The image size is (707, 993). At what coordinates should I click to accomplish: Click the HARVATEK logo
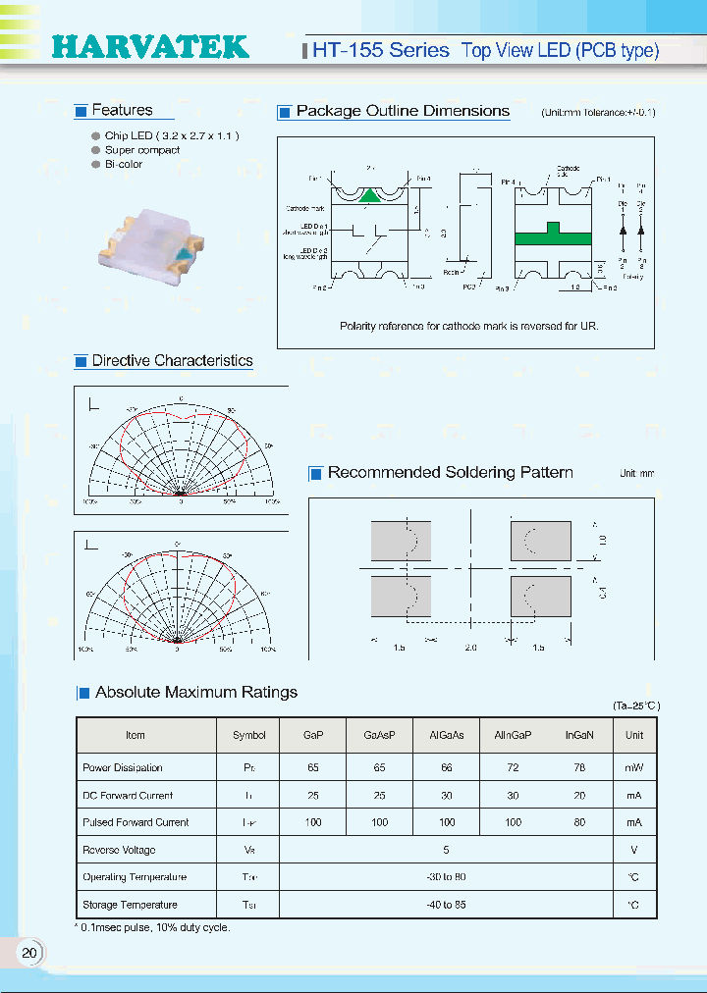pyautogui.click(x=149, y=47)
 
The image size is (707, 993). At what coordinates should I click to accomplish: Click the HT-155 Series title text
pyautogui.click(x=380, y=50)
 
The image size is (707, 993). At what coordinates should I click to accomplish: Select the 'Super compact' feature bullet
pyautogui.click(x=142, y=150)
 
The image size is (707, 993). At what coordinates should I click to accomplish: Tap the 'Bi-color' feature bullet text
pyautogui.click(x=124, y=164)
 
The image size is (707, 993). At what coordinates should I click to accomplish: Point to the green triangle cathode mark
pyautogui.click(x=369, y=195)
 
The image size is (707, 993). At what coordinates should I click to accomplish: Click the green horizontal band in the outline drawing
pyautogui.click(x=553, y=235)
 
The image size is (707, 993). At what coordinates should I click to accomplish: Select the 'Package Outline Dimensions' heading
pyautogui.click(x=403, y=111)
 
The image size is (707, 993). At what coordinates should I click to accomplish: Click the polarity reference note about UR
pyautogui.click(x=468, y=325)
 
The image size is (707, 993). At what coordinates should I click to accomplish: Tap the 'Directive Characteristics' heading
pyautogui.click(x=172, y=360)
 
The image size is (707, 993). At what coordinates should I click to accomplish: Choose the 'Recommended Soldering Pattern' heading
pyautogui.click(x=450, y=472)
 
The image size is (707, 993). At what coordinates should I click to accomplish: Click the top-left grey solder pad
pyautogui.click(x=400, y=540)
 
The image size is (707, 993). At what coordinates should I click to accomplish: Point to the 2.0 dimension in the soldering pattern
pyautogui.click(x=470, y=648)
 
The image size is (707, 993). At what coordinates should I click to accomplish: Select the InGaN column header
pyautogui.click(x=579, y=735)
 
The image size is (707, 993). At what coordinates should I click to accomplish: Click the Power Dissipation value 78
pyautogui.click(x=579, y=767)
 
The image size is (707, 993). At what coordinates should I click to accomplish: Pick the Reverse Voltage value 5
pyautogui.click(x=446, y=850)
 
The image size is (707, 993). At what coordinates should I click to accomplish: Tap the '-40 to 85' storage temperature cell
pyautogui.click(x=446, y=905)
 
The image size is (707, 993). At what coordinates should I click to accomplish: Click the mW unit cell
pyautogui.click(x=634, y=767)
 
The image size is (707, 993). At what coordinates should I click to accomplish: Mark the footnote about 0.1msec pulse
pyautogui.click(x=154, y=927)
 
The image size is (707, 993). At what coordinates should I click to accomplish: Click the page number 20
pyautogui.click(x=29, y=953)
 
